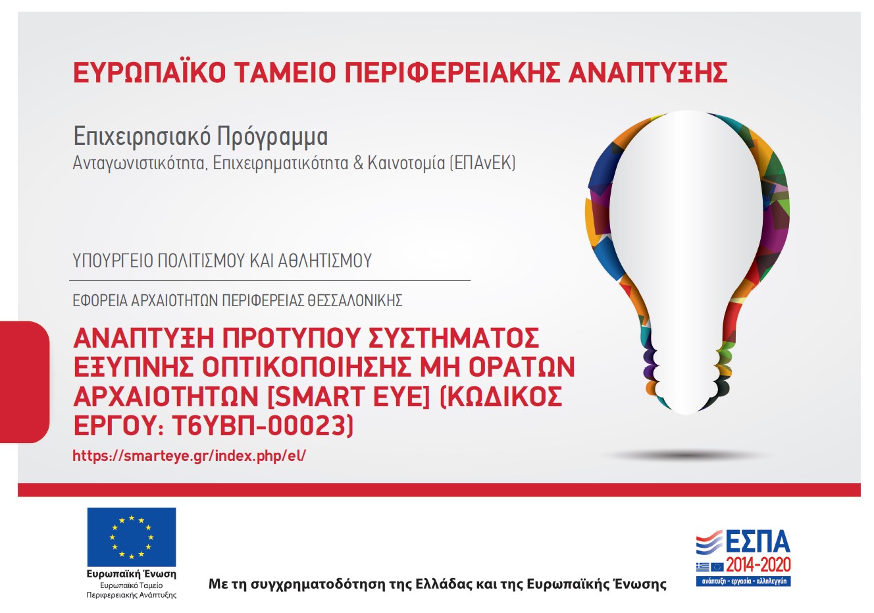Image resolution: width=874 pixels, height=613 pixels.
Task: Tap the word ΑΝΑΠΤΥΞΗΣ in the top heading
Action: tap(648, 72)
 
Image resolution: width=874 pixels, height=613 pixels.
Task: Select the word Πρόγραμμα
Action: tap(272, 137)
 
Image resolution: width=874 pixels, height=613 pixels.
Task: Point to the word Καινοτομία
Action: tap(406, 163)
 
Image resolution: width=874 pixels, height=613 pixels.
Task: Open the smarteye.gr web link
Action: tap(190, 456)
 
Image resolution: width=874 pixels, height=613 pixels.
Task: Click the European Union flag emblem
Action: tap(132, 537)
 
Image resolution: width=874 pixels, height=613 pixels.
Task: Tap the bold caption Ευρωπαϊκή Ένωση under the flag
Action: tap(132, 574)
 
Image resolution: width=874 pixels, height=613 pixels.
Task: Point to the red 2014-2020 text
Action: tap(758, 565)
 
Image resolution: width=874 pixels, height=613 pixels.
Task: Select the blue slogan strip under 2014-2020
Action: tap(744, 581)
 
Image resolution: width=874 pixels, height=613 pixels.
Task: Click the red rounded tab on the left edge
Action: tap(24, 382)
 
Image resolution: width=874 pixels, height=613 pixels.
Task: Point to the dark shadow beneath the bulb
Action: tap(686, 455)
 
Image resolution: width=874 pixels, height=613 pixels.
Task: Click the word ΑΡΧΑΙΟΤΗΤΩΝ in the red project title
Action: tap(167, 396)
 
